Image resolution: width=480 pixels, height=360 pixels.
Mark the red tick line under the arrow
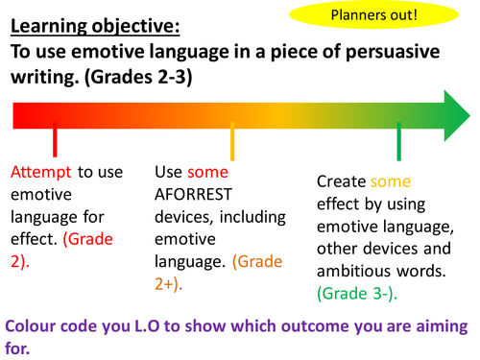point(56,142)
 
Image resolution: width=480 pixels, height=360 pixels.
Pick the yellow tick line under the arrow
point(232,142)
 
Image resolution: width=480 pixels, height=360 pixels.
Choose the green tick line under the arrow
point(398,142)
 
